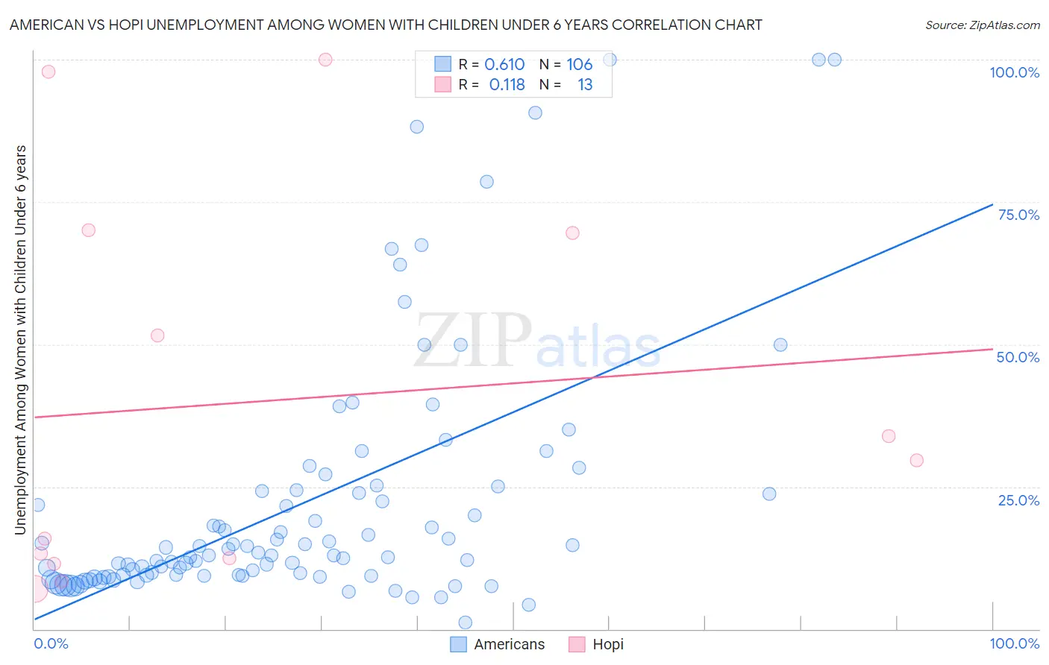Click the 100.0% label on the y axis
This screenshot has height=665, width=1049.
tap(1014, 72)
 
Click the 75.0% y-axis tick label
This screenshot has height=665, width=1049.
tap(1018, 215)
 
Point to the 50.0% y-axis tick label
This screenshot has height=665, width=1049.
tap(1018, 357)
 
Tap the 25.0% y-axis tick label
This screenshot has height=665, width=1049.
tap(1018, 500)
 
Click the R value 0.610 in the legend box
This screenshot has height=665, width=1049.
tap(504, 64)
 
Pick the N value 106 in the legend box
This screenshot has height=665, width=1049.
tap(579, 64)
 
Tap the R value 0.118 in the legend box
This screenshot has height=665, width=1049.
tap(507, 85)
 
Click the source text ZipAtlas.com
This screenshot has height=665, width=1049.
tap(983, 25)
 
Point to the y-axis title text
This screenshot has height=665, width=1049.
tap(21, 339)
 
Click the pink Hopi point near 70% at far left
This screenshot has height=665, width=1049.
tap(88, 230)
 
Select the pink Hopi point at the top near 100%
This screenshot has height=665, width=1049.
tap(325, 60)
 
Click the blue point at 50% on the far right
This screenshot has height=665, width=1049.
tap(780, 344)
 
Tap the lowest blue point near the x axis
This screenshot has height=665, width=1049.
tap(465, 623)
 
